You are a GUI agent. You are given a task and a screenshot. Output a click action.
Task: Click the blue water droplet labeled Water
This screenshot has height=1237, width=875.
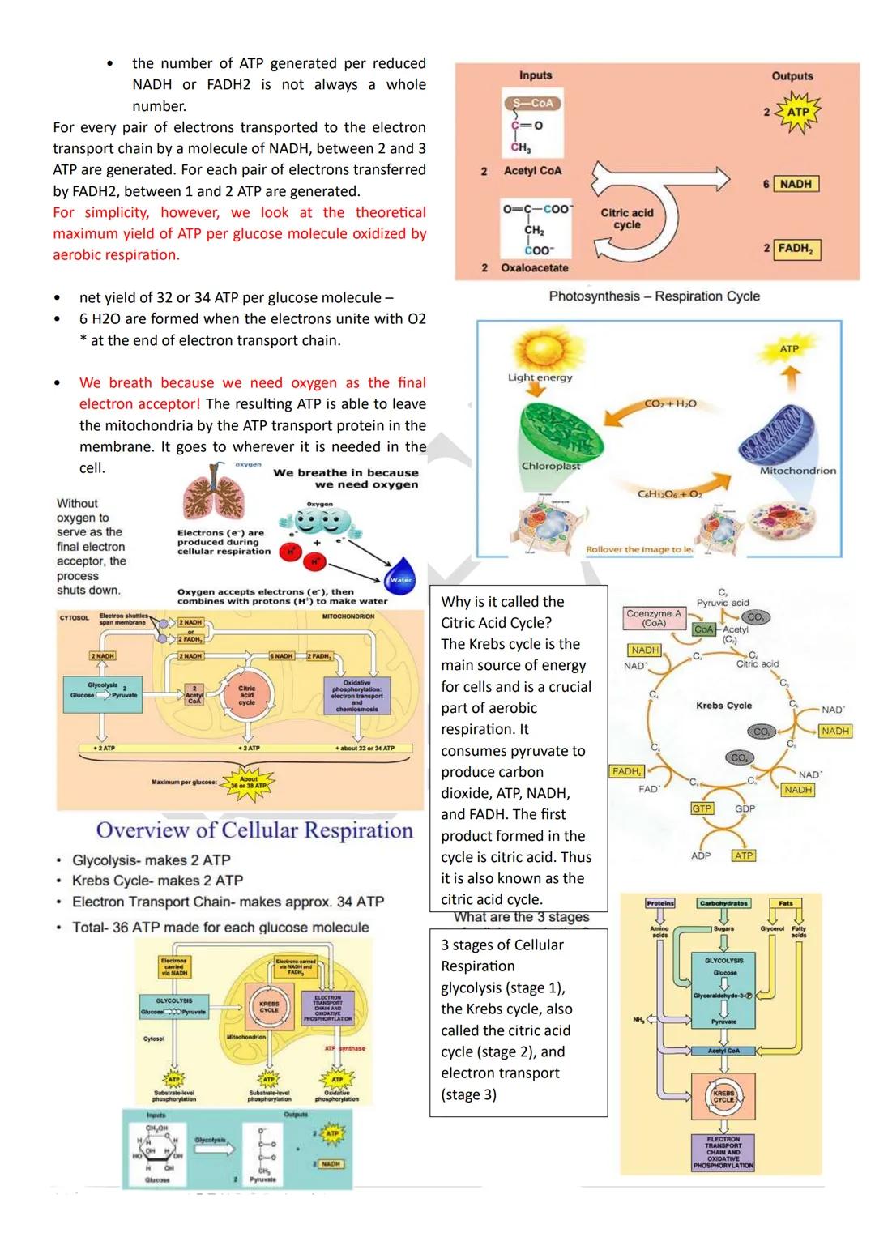coord(401,574)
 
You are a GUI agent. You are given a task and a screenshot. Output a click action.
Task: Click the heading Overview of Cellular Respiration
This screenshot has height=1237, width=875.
coord(254,830)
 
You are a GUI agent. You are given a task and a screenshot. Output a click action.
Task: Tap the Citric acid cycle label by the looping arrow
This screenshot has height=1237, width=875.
coord(626,219)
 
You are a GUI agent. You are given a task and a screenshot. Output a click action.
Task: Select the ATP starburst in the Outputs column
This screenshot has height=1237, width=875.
coord(797,113)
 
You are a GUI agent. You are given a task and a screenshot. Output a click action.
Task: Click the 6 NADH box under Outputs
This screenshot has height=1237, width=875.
coord(796,184)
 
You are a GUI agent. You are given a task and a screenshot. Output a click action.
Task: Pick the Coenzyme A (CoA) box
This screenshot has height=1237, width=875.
coord(655,618)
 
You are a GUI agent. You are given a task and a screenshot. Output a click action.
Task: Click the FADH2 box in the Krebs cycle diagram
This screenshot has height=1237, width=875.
coord(627,771)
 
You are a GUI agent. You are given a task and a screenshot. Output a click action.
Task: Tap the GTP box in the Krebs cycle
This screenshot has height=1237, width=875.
coord(702,808)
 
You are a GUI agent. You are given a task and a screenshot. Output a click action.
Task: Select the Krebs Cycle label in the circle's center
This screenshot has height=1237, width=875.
coord(723,706)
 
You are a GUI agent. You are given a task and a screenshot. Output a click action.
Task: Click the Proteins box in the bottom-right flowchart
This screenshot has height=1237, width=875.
coord(659,903)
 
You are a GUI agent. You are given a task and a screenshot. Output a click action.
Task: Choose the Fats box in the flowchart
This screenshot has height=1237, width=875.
coord(785,903)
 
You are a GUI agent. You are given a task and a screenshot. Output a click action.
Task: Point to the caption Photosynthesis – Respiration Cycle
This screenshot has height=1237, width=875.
coord(654,296)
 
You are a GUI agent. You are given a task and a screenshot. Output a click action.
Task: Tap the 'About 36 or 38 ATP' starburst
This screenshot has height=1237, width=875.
coord(249,783)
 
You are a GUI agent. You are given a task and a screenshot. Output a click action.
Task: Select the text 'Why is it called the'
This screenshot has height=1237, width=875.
coord(502,602)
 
